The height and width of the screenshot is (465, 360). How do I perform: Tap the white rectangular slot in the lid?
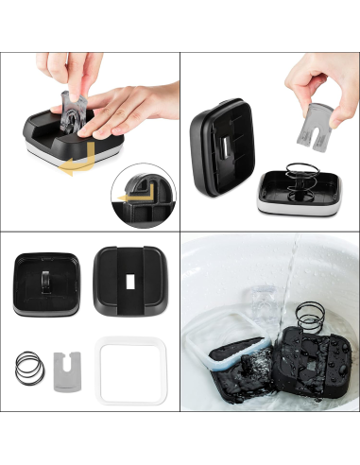pos(127,284)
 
